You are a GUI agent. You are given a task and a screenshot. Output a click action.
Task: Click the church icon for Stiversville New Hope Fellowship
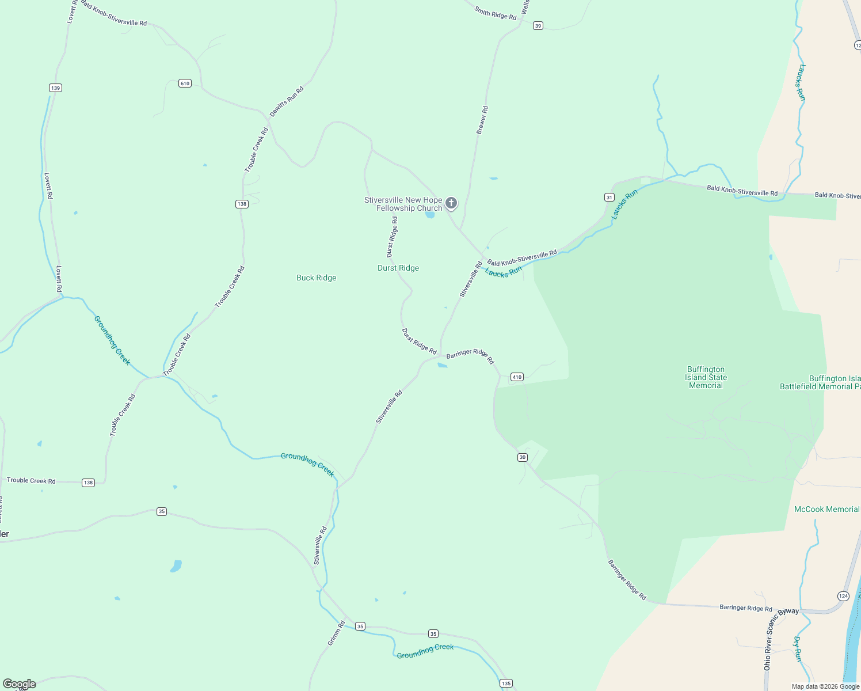coord(451,203)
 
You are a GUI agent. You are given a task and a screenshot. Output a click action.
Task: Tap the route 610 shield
coord(185,83)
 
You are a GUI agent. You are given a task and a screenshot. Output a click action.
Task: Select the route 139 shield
coord(55,88)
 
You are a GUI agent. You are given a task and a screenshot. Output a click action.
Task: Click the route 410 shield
coord(517,377)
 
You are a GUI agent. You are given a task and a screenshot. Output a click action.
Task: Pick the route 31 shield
coord(609,198)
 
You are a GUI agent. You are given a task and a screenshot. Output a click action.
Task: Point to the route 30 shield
coord(522,457)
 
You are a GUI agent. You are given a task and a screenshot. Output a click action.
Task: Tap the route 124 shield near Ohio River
coord(843,596)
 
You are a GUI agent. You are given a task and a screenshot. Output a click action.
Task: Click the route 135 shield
coord(506,684)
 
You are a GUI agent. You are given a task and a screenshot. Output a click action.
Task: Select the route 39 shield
coord(538,26)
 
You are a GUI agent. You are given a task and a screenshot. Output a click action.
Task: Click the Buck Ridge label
coord(316,278)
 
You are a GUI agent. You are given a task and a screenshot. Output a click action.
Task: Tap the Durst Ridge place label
coord(398,268)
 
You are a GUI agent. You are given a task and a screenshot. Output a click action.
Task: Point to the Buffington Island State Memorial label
coord(706,377)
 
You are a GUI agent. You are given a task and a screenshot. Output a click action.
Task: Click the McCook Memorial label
coord(826,509)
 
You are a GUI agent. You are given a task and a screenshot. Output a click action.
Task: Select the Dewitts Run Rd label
coord(287,101)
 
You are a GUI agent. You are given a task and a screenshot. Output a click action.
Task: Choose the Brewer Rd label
coord(482,120)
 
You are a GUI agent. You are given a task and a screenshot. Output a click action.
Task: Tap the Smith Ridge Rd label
coord(495,13)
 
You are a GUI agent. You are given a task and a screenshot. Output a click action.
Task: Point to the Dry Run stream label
coord(798,648)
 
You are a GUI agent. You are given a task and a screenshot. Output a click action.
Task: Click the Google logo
coord(20,684)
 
